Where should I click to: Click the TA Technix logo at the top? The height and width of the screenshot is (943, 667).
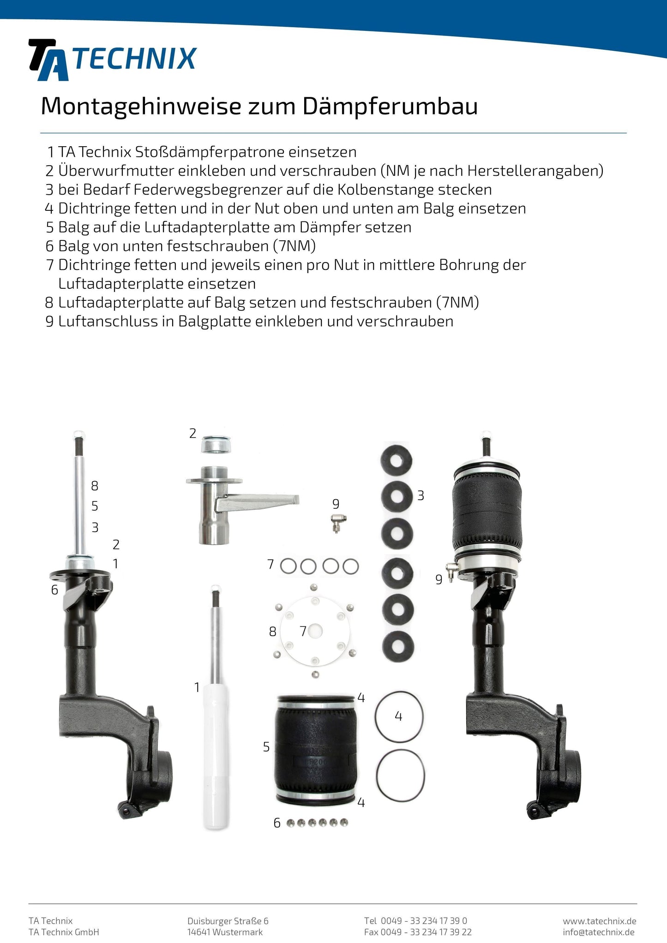[113, 60]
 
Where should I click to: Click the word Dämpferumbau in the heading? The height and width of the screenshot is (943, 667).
[390, 107]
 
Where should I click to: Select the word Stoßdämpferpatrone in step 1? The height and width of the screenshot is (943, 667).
[210, 152]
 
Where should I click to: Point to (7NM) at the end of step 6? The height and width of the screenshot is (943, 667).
[294, 246]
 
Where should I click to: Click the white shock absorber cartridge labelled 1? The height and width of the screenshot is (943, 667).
[216, 757]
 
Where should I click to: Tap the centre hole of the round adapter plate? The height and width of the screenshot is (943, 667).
[315, 631]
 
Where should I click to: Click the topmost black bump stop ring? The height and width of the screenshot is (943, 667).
[396, 460]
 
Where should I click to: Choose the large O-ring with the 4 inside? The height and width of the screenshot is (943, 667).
[399, 716]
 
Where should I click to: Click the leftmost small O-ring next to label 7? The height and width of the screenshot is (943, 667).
[288, 566]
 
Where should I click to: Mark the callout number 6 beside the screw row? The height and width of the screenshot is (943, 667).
[277, 823]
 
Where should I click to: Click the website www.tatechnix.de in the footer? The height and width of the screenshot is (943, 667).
[599, 921]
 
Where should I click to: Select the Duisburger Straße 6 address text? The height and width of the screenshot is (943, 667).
[228, 921]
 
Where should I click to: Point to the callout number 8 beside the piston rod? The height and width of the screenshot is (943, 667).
[95, 485]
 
